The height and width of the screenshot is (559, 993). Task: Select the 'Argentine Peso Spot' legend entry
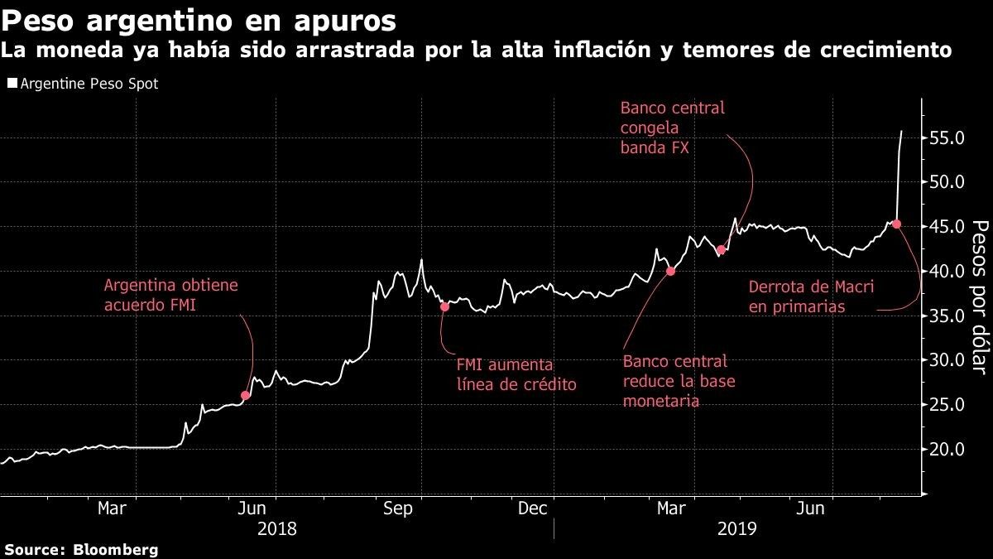[82, 84]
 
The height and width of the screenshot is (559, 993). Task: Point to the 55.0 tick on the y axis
[947, 137]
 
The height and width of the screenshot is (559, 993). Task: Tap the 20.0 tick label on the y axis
[947, 450]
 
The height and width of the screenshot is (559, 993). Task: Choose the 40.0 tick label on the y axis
[947, 272]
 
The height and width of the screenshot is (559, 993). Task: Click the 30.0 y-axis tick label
[947, 360]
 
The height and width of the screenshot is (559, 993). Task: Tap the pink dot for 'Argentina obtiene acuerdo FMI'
[245, 395]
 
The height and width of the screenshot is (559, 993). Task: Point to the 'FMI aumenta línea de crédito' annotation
[516, 374]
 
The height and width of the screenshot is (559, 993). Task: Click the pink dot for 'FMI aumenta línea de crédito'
[444, 306]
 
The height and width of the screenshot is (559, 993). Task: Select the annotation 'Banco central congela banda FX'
[672, 128]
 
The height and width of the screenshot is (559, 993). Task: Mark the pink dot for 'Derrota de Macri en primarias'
[896, 224]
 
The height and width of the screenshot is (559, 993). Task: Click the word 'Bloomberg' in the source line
[116, 549]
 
